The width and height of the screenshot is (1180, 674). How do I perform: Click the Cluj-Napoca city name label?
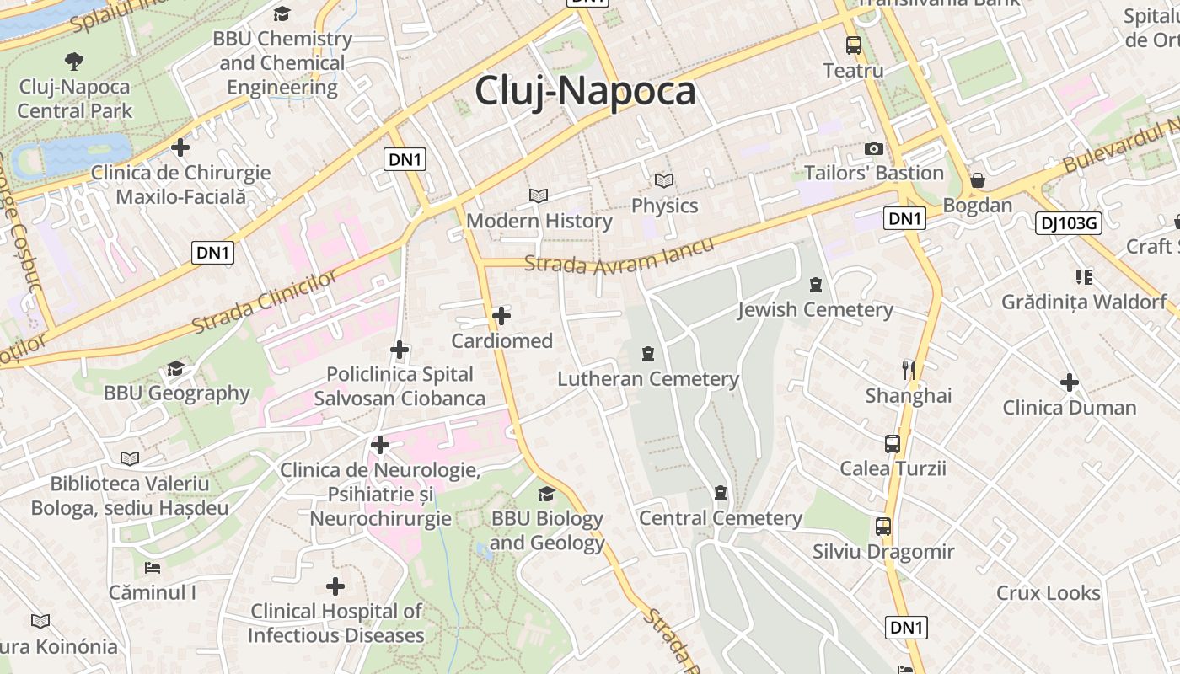(x=585, y=91)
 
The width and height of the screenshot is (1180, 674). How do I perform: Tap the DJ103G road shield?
(x=1069, y=223)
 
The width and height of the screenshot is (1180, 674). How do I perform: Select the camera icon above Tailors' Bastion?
(x=874, y=149)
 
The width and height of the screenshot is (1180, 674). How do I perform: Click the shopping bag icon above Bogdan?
(x=978, y=180)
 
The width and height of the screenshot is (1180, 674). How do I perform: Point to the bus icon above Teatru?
(x=854, y=45)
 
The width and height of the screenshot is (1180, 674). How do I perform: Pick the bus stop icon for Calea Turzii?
(x=893, y=443)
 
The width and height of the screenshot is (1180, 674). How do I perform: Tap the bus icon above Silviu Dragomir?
(x=883, y=527)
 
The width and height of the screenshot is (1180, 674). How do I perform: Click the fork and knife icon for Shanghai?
(x=909, y=370)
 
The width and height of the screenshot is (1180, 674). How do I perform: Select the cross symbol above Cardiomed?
(x=501, y=316)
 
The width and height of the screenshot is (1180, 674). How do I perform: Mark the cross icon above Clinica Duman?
(x=1070, y=382)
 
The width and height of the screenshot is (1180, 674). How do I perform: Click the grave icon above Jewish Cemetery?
(x=815, y=285)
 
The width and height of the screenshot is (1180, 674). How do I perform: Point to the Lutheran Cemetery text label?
(x=648, y=379)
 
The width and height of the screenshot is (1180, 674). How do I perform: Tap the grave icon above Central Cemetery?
(x=721, y=493)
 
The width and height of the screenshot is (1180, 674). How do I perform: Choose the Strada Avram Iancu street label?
(x=619, y=254)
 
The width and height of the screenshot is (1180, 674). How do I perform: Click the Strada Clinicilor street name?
(x=264, y=301)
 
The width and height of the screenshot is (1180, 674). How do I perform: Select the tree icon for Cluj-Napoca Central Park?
(x=74, y=61)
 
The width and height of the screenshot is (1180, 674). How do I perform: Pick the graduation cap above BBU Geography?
(x=176, y=368)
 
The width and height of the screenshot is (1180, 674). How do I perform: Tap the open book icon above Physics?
(x=664, y=180)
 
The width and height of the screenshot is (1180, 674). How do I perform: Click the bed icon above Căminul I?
(x=153, y=567)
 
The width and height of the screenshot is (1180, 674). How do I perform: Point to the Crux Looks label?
(x=1049, y=593)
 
